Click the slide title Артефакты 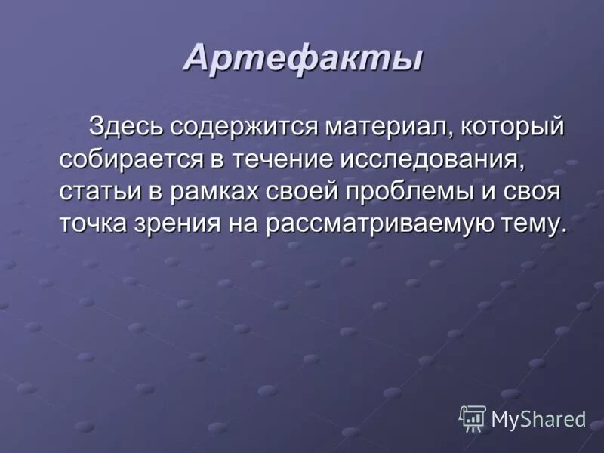pos(302,59)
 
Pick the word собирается pos(128,159)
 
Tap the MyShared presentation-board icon pos(473,418)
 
